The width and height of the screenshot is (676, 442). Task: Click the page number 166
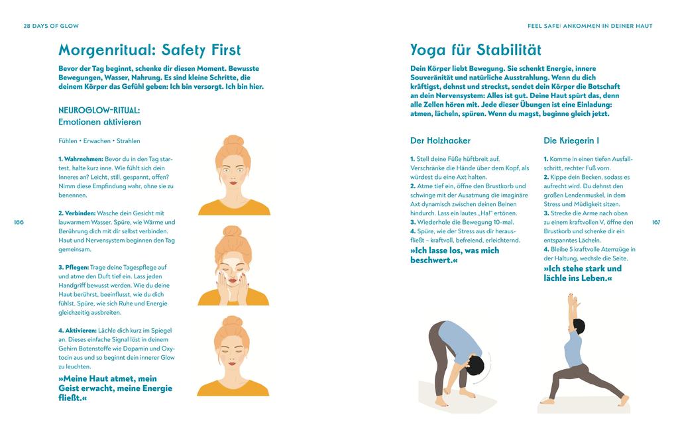pos(18,222)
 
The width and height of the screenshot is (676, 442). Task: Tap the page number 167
pos(656,222)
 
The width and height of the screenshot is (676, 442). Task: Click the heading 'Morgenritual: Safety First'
pos(149,50)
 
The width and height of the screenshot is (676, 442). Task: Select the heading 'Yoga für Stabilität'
pos(475,50)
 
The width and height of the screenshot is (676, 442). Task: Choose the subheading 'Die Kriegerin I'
pos(571,140)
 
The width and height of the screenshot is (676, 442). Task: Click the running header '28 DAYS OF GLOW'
pos(51,26)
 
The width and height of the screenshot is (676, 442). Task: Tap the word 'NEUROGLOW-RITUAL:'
pos(99,110)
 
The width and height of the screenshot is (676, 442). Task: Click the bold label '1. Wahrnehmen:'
pos(80,160)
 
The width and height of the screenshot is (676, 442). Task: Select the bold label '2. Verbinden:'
pos(78,213)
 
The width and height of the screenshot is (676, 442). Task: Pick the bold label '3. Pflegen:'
pos(76,267)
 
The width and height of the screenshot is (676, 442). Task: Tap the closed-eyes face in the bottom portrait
pos(233,347)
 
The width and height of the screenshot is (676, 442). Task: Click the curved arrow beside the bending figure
pos(488,366)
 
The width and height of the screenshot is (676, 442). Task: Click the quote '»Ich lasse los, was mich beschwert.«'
pos(455,255)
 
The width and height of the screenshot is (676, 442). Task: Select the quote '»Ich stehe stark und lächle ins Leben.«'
pos(583,273)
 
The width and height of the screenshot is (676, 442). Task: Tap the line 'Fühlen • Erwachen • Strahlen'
pos(99,141)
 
